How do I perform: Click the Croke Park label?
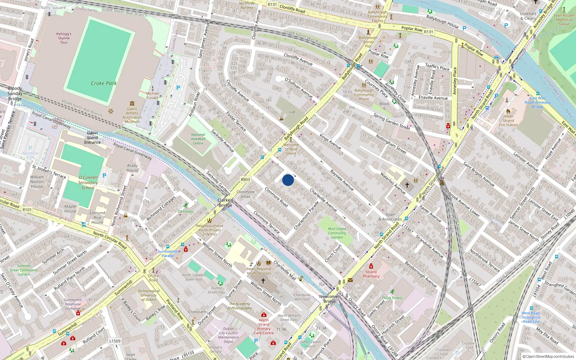[104, 83]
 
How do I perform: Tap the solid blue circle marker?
[288, 180]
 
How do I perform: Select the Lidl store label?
[292, 112]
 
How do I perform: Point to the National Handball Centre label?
[198, 139]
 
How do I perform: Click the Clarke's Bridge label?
[225, 203]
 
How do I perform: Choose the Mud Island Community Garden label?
[337, 233]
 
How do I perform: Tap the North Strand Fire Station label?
[508, 121]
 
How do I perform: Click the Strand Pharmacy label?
[371, 274]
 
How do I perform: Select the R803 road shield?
[246, 179]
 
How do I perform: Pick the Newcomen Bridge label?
[329, 299]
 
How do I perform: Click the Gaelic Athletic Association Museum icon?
[132, 103]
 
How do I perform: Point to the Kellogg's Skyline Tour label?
[64, 38]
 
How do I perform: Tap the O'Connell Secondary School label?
[88, 183]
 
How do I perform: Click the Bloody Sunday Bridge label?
[15, 94]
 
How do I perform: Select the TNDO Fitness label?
[392, 298]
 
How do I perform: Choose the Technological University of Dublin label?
[149, 295]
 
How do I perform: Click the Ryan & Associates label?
[390, 217]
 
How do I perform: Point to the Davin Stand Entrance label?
[93, 138]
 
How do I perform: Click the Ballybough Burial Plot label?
[368, 42]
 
